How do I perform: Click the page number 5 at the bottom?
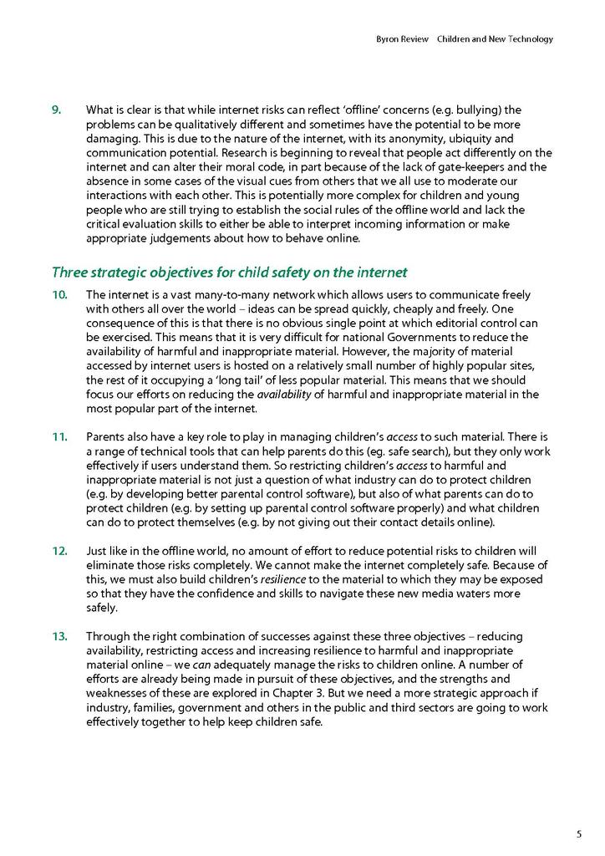pyautogui.click(x=578, y=833)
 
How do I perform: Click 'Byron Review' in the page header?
pyautogui.click(x=399, y=39)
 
